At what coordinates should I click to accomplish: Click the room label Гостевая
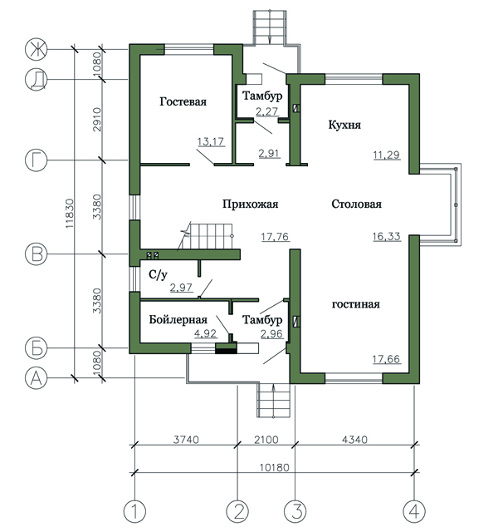pyautogui.click(x=183, y=101)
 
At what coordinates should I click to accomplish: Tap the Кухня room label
pyautogui.click(x=344, y=125)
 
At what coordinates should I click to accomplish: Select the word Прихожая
pyautogui.click(x=251, y=204)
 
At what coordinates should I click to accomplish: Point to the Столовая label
pyautogui.click(x=356, y=204)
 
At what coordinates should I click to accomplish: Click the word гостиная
pyautogui.click(x=356, y=304)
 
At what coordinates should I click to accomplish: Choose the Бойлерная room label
pyautogui.click(x=178, y=319)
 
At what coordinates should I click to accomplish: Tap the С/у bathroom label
pyautogui.click(x=158, y=274)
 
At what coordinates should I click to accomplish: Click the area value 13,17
pyautogui.click(x=211, y=141)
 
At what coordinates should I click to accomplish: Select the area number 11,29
pyautogui.click(x=387, y=155)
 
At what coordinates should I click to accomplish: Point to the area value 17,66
pyautogui.click(x=386, y=359)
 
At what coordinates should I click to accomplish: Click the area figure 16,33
pyautogui.click(x=387, y=236)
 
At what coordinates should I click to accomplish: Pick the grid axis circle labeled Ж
pyautogui.click(x=37, y=50)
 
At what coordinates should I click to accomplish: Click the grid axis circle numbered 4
pyautogui.click(x=414, y=511)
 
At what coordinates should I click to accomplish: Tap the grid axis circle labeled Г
pyautogui.click(x=37, y=160)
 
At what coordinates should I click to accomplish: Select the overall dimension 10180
pyautogui.click(x=275, y=467)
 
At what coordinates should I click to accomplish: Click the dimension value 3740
pyautogui.click(x=186, y=440)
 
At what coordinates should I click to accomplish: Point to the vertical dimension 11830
pyautogui.click(x=70, y=213)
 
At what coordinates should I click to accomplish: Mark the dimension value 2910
pyautogui.click(x=97, y=120)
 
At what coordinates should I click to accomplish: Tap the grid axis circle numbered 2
pyautogui.click(x=237, y=511)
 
